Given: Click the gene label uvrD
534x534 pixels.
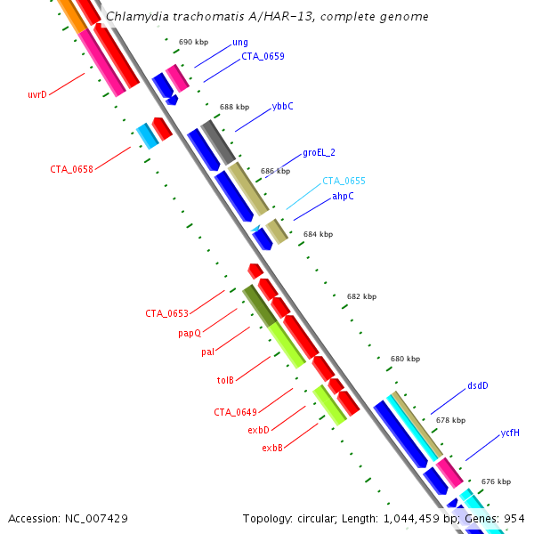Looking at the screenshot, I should click(x=37, y=94).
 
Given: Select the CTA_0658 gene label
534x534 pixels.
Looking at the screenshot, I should click(x=71, y=169).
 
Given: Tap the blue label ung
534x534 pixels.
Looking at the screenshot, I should click(x=240, y=42).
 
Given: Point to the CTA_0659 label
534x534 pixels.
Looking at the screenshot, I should click(x=263, y=56).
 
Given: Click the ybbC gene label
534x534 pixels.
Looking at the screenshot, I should click(x=282, y=106).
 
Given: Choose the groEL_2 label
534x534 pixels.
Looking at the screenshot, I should click(x=319, y=152).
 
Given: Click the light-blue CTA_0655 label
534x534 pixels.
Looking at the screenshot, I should click(x=344, y=181).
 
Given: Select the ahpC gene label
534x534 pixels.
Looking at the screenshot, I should click(x=343, y=196).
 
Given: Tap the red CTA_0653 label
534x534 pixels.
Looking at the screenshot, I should click(x=167, y=313).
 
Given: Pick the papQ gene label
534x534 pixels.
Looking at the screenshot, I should click(x=190, y=334).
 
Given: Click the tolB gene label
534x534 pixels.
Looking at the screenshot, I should click(x=225, y=381).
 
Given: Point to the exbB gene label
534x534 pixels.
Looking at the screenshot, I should click(x=272, y=448).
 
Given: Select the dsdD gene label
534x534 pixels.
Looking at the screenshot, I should click(x=478, y=386).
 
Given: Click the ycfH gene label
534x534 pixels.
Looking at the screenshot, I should click(x=510, y=433).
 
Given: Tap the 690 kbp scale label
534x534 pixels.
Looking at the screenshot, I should click(x=192, y=42).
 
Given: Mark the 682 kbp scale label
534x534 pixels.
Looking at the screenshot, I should click(x=361, y=296).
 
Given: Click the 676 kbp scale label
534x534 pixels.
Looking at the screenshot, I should click(x=496, y=481).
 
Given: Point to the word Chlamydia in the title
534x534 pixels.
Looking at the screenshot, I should click(x=135, y=17).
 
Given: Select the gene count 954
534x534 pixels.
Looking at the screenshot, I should click(x=514, y=517).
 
